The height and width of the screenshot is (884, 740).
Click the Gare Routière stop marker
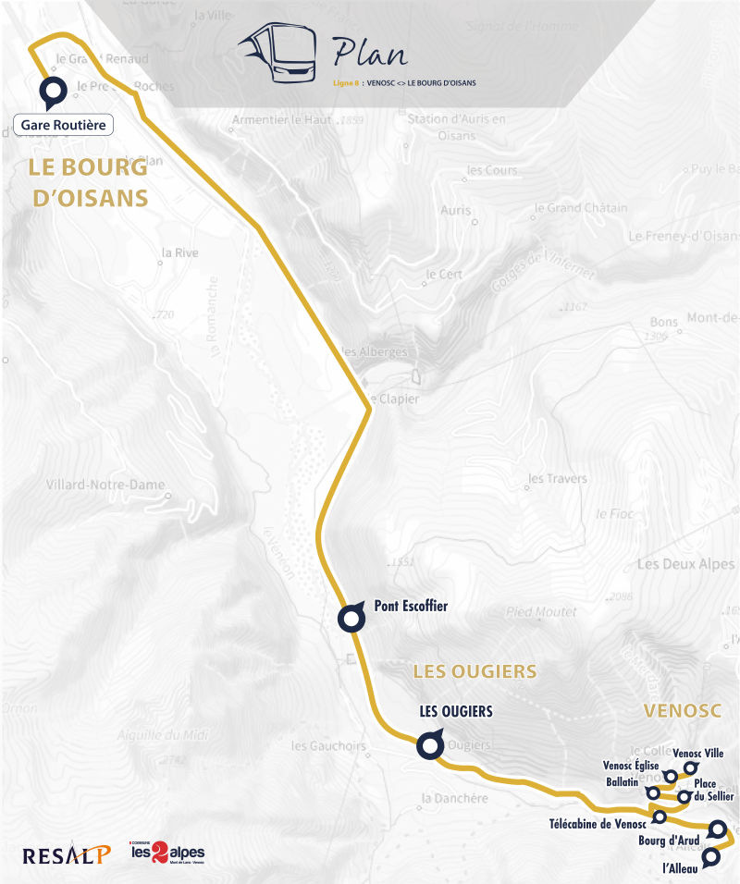tap(52, 92)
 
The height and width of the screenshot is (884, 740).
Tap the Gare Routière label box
tap(64, 125)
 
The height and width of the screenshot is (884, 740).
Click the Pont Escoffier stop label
tap(411, 607)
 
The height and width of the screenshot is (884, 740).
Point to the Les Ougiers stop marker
tap(428, 745)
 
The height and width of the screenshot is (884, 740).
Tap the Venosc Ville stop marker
tap(689, 767)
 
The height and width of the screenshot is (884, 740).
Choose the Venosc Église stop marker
tap(671, 776)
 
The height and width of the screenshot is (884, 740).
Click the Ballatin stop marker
tap(653, 792)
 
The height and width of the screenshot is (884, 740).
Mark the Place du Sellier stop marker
tap(684, 796)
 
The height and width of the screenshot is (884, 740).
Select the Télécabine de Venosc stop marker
tap(660, 816)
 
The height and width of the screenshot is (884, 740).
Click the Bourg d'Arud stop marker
tap(716, 829)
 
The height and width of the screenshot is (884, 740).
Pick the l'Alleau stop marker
tap(710, 858)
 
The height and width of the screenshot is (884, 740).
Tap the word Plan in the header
tap(369, 52)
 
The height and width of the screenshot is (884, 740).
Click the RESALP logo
tap(67, 853)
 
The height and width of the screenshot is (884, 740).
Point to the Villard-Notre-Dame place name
tap(105, 485)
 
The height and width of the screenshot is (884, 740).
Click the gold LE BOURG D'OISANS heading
tap(89, 183)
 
